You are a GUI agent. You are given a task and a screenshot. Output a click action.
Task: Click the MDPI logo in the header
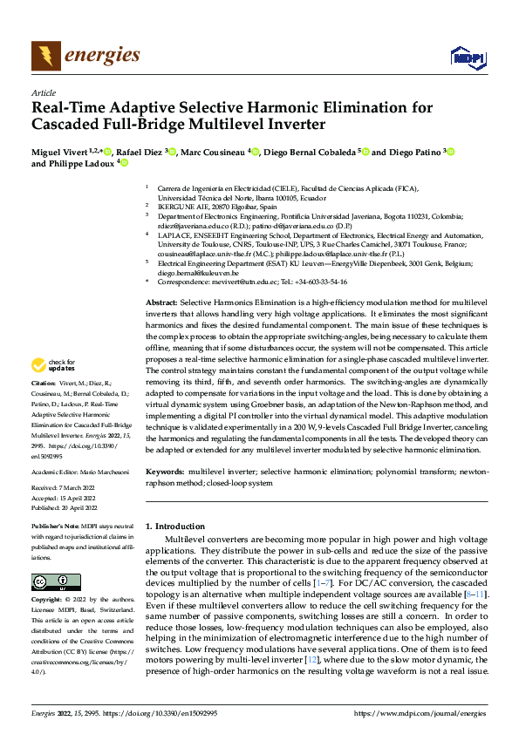467,58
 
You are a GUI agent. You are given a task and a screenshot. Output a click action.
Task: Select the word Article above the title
44,92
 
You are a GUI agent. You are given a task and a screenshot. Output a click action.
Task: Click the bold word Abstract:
161,301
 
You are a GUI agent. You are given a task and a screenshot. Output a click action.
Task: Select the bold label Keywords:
165,471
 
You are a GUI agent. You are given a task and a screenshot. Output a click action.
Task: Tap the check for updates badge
55,390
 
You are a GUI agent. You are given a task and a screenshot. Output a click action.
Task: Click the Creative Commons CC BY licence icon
55,581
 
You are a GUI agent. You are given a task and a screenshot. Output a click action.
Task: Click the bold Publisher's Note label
58,527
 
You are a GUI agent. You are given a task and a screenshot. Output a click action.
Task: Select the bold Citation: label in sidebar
44,407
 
